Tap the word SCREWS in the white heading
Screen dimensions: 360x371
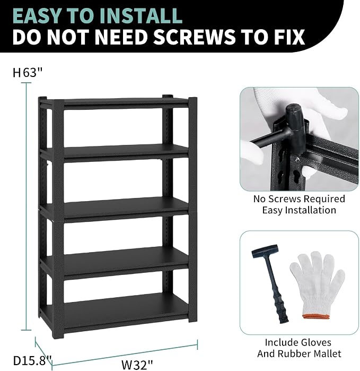coord(194,37)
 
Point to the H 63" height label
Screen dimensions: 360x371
coord(28,72)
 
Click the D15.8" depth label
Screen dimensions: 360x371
coord(32,360)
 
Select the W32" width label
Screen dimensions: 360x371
coord(137,365)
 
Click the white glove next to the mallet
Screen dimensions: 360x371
coord(317,285)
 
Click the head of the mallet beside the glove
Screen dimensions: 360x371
coord(265,251)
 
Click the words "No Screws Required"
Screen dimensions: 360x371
coord(299,199)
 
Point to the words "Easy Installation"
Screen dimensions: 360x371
coord(299,210)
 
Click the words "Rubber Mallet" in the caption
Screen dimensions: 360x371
coord(309,353)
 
